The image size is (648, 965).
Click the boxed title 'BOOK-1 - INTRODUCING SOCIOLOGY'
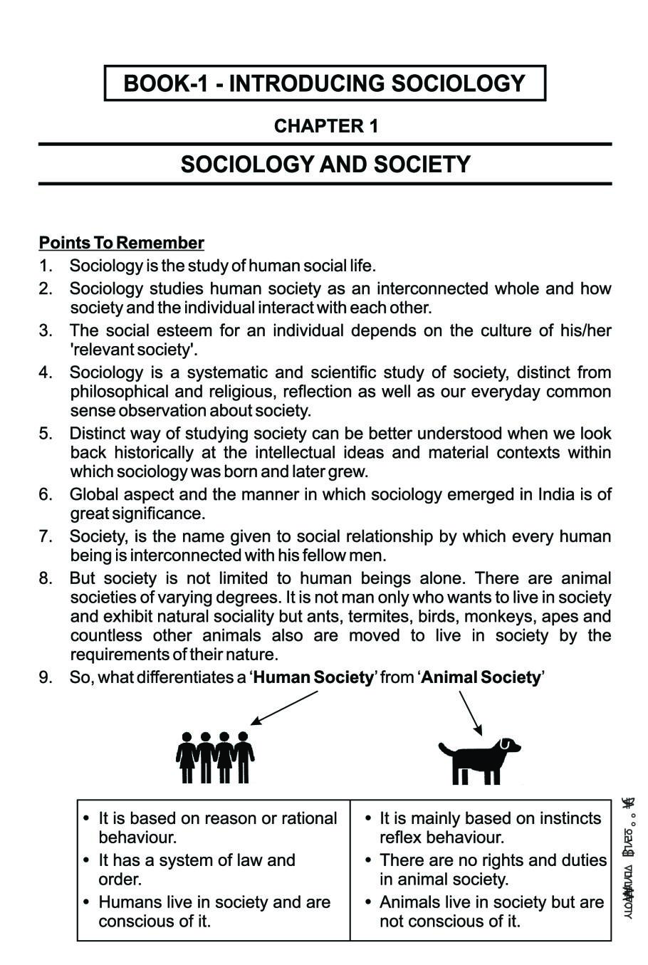325,84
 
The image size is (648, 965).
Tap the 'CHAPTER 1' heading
325,126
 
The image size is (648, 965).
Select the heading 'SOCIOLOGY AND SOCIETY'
325,165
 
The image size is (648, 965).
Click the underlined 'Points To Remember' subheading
122,243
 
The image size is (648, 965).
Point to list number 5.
46,434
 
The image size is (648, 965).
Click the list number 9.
46,677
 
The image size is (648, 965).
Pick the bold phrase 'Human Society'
313,677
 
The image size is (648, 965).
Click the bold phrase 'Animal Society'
481,677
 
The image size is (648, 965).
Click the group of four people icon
215,757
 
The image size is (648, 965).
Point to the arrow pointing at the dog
471,713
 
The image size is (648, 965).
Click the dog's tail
444,748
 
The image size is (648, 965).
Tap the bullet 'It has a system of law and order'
197,870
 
